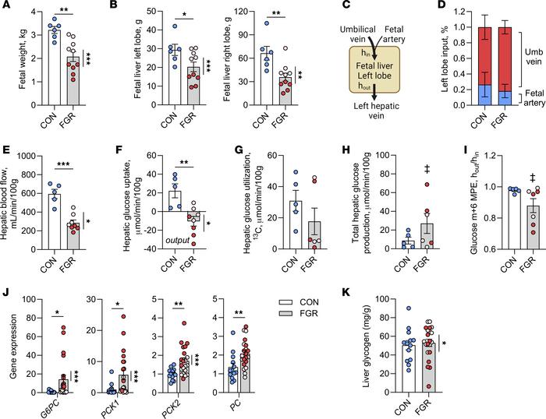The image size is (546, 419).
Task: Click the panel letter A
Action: (6, 7)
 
